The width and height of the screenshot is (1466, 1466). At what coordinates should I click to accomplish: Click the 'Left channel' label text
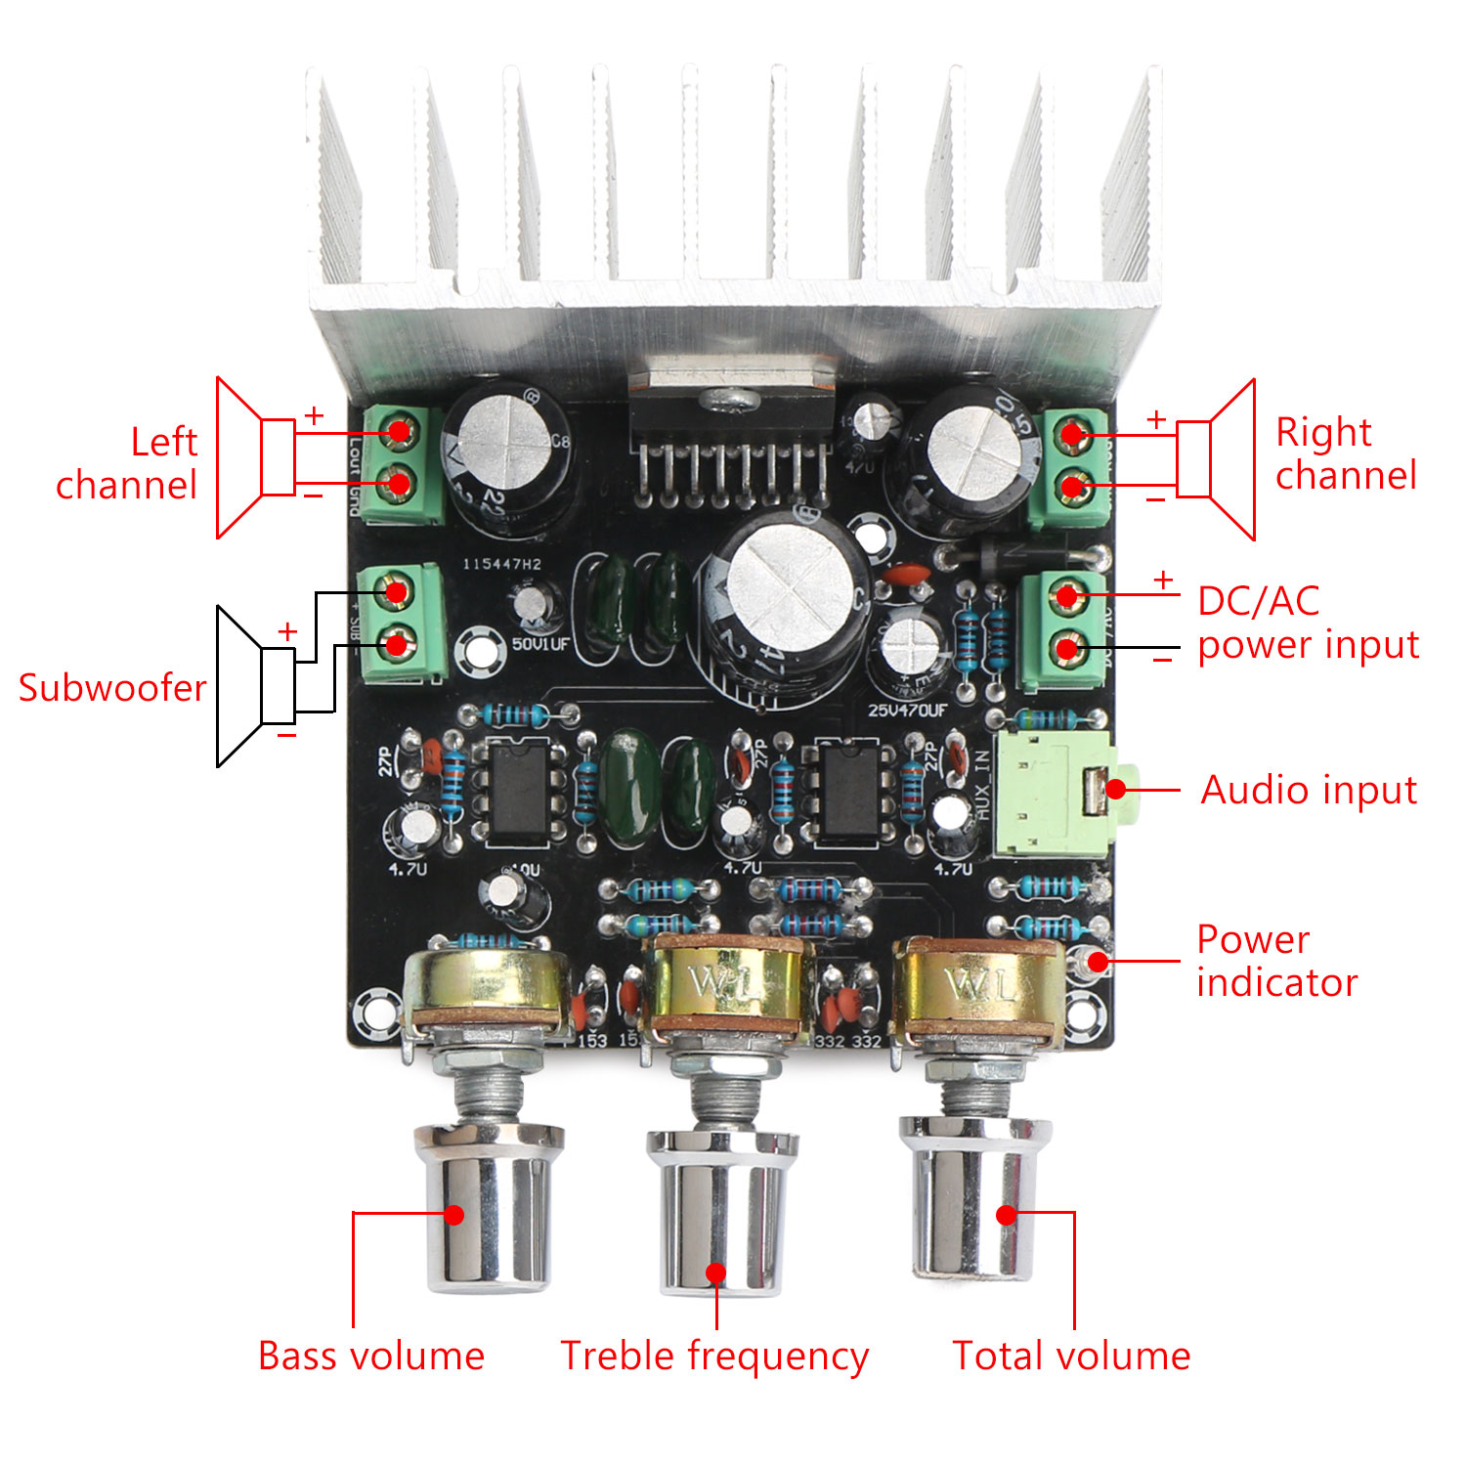coord(127,463)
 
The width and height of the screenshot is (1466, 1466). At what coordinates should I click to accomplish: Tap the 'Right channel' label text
coord(1345,453)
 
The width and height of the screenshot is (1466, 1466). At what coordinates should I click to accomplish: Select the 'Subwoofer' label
coord(112,688)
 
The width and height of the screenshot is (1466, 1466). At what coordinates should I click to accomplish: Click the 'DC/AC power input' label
coord(1308,623)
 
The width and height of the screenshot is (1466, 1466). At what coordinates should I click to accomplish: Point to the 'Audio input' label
coord(1309,790)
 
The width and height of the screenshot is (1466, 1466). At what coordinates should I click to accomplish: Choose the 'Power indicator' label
coord(1276,961)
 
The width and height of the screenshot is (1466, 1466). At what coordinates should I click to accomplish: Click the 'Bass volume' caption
coord(371,1357)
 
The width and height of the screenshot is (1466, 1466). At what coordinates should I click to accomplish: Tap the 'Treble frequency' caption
coord(714,1357)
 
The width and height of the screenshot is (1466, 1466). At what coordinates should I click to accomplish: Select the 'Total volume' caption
coord(1071,1357)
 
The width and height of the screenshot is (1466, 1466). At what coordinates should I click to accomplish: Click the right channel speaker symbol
coord(1216,459)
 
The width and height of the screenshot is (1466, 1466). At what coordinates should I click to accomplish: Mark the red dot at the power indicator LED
coord(1098,962)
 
